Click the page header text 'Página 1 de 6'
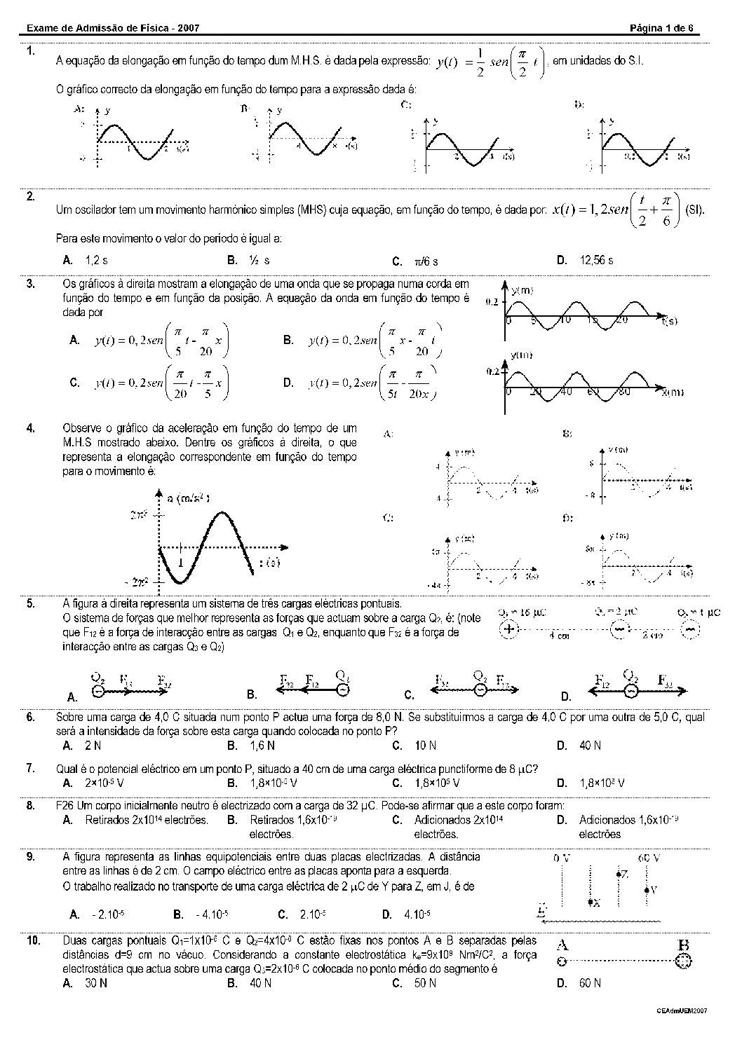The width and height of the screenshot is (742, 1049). point(661,28)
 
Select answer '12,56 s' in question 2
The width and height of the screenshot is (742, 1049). point(596,260)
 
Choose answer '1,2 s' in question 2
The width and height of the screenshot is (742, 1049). point(96,260)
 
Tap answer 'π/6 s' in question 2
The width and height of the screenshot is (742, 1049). point(426,261)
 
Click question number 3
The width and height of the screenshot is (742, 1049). point(31,283)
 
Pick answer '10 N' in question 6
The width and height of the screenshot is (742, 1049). point(425,746)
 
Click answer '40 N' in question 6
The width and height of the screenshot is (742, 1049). point(590,746)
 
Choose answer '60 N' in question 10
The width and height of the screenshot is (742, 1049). point(590,983)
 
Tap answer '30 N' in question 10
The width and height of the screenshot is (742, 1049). point(96,983)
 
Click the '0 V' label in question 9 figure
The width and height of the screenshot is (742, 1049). point(562,858)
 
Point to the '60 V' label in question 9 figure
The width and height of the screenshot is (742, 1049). point(649,858)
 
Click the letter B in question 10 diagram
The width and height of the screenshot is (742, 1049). point(682,945)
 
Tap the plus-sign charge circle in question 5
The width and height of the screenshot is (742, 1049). point(508,629)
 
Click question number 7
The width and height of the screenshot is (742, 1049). point(31,768)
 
